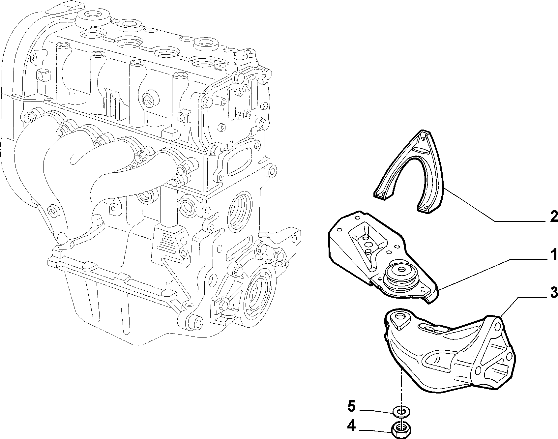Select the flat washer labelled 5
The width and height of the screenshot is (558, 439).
click(x=399, y=412)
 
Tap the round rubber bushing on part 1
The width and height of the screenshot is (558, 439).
click(x=400, y=276)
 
